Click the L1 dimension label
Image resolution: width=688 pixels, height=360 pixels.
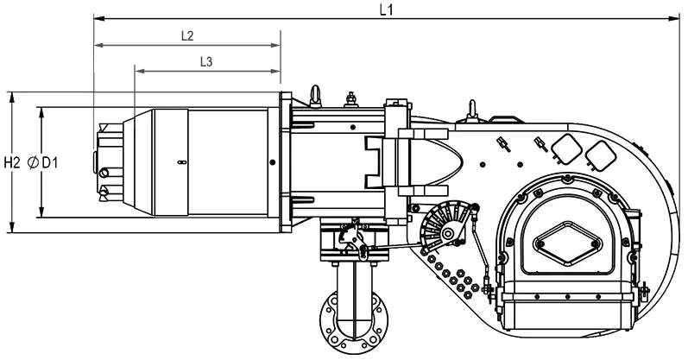coord(386,10)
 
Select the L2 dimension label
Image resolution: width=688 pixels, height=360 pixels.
coord(187,35)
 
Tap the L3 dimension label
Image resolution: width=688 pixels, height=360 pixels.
coord(206,62)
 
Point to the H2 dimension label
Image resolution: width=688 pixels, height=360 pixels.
coord(12,163)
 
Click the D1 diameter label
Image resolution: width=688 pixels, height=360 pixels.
coord(49,163)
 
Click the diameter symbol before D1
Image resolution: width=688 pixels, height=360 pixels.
coord(33,163)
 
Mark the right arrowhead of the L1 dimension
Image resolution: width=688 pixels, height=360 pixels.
coord(674,19)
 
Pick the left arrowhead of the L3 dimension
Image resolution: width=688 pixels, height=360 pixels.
coord(141,71)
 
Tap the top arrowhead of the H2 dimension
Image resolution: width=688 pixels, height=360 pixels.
coord(12,98)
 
